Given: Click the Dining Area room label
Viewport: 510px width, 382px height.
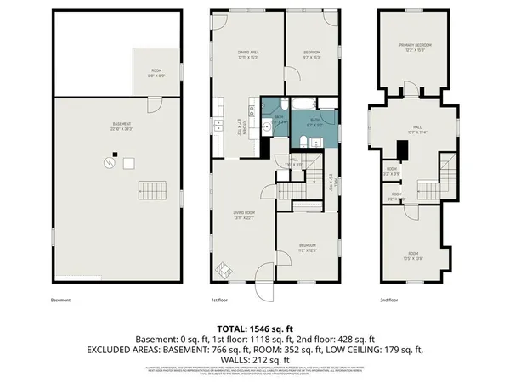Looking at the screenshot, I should click(248, 54).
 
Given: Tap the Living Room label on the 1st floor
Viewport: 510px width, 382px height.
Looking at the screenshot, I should click(246, 216).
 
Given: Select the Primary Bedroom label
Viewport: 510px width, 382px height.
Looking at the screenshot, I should click(416, 48).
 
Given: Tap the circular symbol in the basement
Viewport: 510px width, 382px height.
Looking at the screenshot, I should click(109, 161).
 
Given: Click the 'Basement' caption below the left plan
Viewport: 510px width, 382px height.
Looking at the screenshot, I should click(61, 300).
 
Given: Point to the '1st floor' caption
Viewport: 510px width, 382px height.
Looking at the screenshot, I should click(220, 300).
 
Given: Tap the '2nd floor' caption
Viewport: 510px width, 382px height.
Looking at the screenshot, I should click(390, 300).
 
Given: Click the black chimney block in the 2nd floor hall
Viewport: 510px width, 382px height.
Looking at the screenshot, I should click(405, 150).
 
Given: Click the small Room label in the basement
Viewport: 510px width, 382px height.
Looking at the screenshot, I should click(156, 72).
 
